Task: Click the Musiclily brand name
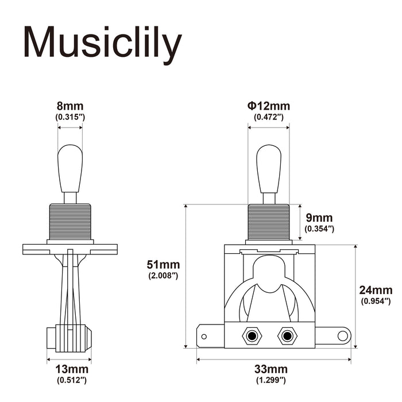tap(102, 42)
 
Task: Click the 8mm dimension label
tap(70, 106)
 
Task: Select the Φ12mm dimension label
tap(269, 106)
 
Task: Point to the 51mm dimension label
tap(164, 265)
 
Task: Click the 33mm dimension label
tap(270, 369)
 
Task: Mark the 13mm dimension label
tap(71, 369)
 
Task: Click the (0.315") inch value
tap(70, 117)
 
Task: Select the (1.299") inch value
tap(270, 380)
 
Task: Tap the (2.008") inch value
tap(164, 276)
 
